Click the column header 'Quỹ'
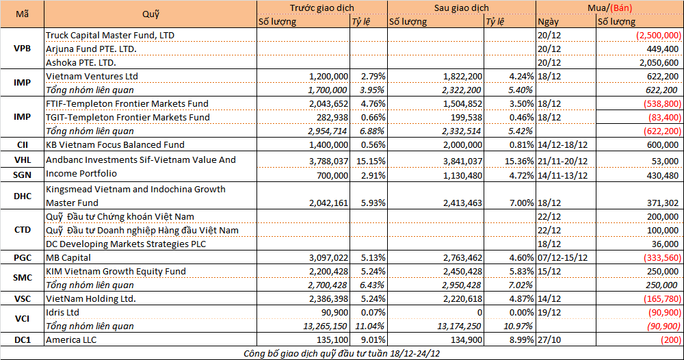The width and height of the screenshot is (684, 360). [150, 14]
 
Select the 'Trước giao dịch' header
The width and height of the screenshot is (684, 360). [321, 7]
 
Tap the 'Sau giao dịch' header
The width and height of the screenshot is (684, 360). [462, 7]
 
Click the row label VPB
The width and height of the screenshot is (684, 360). [23, 48]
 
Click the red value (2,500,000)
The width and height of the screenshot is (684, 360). [658, 35]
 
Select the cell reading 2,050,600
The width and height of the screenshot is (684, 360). [659, 62]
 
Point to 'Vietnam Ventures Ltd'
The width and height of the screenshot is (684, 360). [92, 76]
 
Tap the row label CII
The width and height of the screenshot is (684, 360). [23, 144]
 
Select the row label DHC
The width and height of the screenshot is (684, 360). [23, 196]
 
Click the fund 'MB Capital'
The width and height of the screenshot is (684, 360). [69, 258]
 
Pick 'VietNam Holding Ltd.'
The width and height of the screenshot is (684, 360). [91, 299]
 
